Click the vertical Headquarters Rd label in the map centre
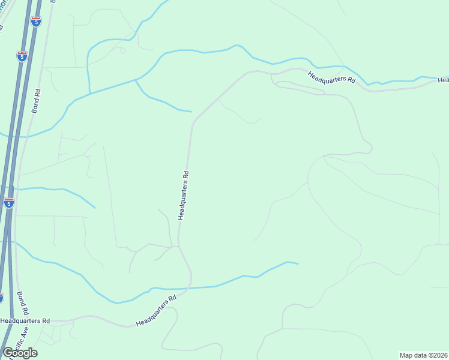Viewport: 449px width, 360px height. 184,196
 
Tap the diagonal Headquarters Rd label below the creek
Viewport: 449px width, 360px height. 156,311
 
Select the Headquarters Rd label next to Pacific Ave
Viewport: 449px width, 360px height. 25,321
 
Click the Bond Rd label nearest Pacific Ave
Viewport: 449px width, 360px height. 22,304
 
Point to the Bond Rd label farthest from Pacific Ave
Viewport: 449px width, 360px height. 37,101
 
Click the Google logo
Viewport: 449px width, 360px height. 20,352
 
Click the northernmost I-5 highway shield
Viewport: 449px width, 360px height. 37,22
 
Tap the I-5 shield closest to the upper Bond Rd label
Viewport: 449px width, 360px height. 22,56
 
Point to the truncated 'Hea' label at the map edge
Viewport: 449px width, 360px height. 443,80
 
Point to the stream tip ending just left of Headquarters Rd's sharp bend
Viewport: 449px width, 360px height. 191,111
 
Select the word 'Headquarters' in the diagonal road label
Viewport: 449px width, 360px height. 152,313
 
